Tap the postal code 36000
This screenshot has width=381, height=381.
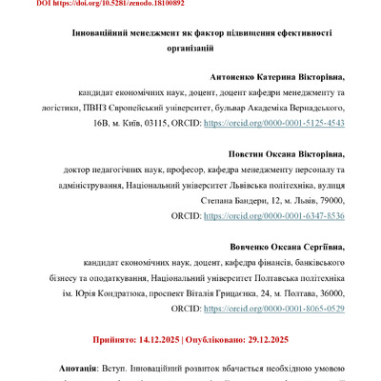[x=326, y=294]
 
